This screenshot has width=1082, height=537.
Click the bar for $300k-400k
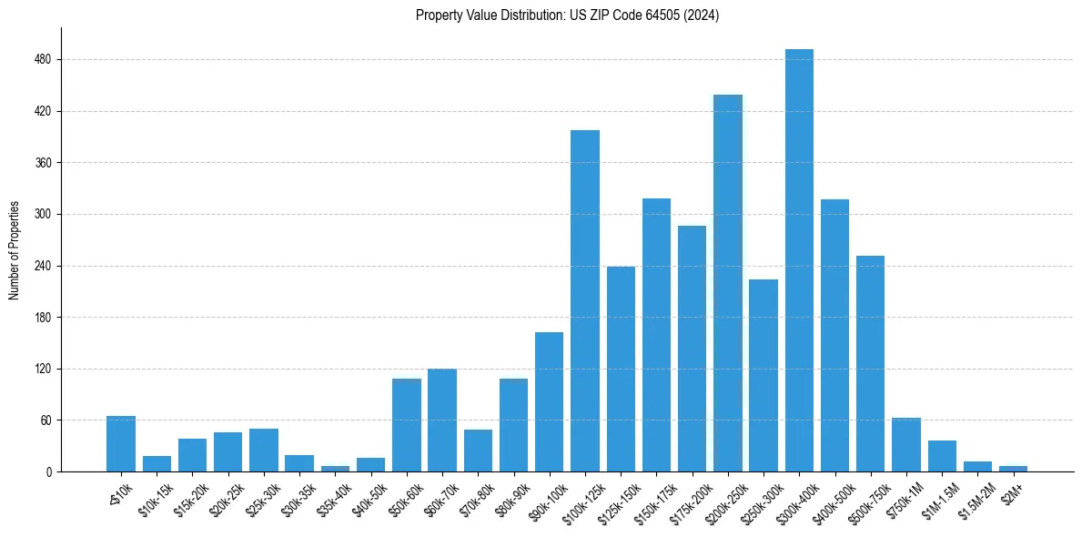tap(799, 260)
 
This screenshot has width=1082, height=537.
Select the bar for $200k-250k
tap(728, 283)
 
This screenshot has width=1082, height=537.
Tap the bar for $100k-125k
tap(585, 300)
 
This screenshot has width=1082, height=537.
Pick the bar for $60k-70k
tap(442, 420)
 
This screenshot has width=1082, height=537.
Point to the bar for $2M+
tap(1013, 469)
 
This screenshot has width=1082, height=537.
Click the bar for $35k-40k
tap(335, 469)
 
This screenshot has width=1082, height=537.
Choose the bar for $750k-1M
tap(906, 445)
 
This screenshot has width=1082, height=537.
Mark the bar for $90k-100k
tap(550, 402)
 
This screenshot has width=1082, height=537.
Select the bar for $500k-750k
tap(871, 364)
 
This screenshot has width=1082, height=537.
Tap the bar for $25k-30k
tap(264, 451)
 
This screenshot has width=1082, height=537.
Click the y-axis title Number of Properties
tap(14, 250)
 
